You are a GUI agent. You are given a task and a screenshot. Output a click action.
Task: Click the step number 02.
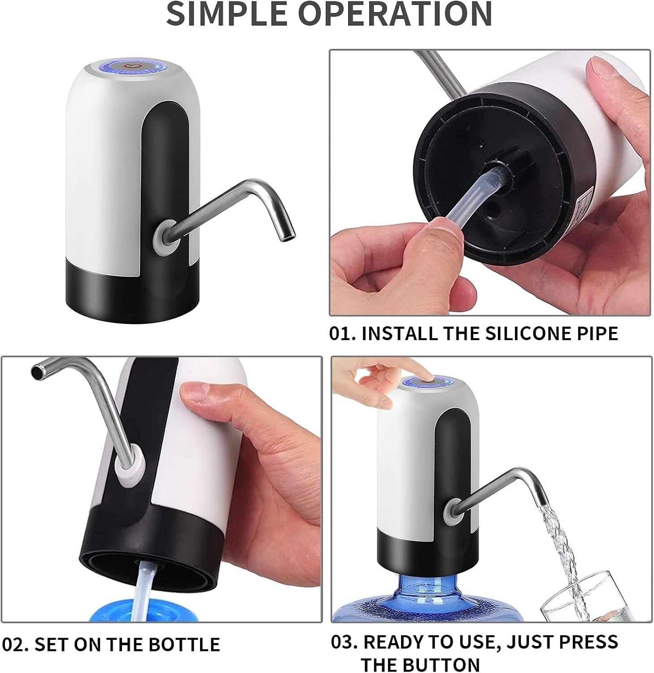(x=16, y=644)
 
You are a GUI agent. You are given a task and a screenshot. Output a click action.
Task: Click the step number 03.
(x=345, y=642)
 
